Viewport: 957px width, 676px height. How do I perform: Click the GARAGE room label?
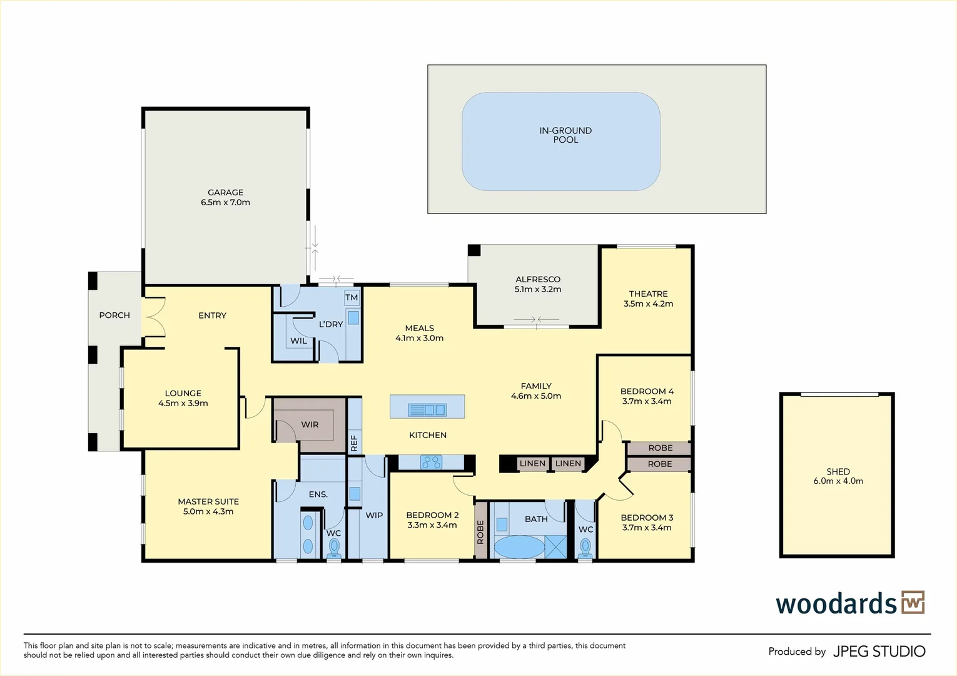(226, 192)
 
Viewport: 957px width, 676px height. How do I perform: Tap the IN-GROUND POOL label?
(565, 135)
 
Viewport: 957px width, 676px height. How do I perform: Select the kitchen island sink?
(427, 409)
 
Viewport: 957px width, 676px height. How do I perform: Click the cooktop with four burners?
(431, 462)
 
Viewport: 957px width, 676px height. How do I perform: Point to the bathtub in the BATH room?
(519, 546)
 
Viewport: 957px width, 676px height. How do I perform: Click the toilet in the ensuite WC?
(334, 548)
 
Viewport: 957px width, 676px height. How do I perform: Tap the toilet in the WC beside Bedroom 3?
(585, 548)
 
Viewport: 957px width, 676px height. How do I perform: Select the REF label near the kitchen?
(354, 443)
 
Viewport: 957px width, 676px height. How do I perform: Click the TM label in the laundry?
(352, 297)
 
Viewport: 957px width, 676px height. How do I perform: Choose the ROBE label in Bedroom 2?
(480, 532)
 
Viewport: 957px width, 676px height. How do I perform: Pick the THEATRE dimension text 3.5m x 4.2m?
(648, 304)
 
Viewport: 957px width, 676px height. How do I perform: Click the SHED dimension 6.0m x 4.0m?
(838, 481)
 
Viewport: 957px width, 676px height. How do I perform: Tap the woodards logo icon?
(913, 602)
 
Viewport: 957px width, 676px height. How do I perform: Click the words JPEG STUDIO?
(879, 651)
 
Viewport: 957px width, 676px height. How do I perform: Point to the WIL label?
(298, 341)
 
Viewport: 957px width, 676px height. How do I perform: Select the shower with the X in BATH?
(556, 547)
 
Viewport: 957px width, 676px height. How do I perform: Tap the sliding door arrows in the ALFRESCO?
(536, 319)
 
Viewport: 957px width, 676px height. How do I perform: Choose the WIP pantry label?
(374, 515)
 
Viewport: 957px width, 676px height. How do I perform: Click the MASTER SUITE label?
(208, 501)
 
